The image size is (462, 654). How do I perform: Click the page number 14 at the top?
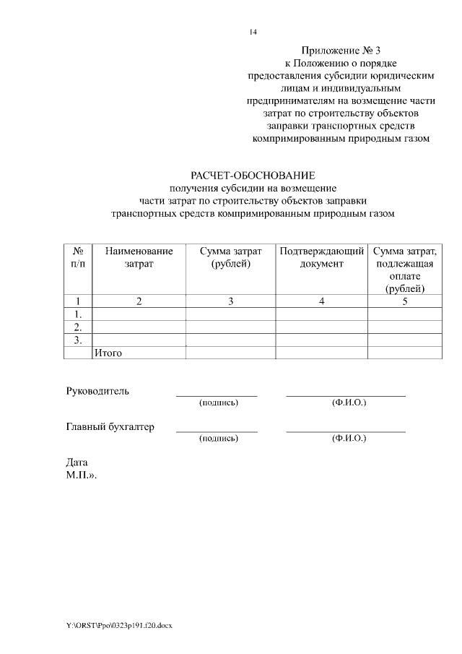tap(253, 32)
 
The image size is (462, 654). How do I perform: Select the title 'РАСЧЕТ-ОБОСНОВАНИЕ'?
tap(253, 176)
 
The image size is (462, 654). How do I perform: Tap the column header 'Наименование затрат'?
tap(139, 258)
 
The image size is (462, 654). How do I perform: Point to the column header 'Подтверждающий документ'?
tap(322, 258)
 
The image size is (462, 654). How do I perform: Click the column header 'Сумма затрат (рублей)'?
tap(230, 258)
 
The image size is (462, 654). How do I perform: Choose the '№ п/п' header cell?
tap(78, 258)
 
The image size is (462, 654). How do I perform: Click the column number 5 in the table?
tap(405, 301)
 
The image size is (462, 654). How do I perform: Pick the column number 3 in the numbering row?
tap(230, 301)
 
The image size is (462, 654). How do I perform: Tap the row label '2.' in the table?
tap(78, 327)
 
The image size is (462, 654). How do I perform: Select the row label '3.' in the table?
tap(78, 340)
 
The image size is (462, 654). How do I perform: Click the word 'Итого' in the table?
tap(108, 353)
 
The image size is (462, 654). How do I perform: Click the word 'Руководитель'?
tap(97, 391)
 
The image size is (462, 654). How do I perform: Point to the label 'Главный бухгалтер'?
tap(110, 427)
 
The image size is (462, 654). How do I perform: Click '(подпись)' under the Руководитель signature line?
tap(218, 402)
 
